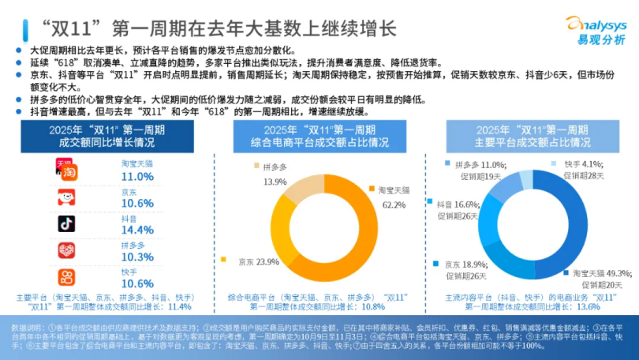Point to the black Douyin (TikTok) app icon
(67, 223)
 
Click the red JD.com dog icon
(67, 197)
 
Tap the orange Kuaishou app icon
(67, 277)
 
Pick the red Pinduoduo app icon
(67, 250)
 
